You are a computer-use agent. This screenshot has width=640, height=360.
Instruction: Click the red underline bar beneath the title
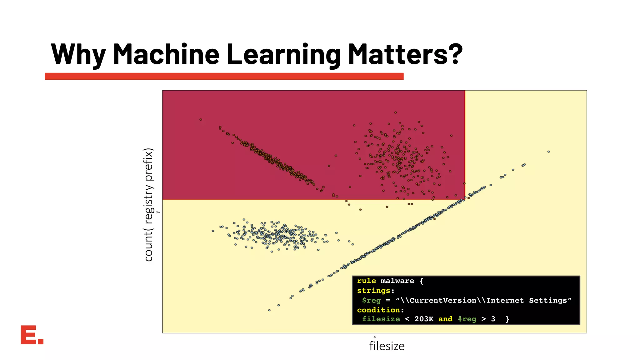pyautogui.click(x=224, y=76)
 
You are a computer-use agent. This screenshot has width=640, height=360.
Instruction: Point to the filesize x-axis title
pyautogui.click(x=387, y=346)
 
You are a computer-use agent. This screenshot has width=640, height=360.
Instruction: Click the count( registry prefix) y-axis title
pyautogui.click(x=149, y=205)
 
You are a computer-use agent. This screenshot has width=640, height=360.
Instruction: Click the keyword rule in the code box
pyautogui.click(x=366, y=281)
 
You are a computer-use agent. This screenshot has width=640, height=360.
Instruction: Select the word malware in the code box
pyautogui.click(x=397, y=281)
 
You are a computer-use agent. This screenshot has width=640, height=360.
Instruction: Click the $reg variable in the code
pyautogui.click(x=371, y=300)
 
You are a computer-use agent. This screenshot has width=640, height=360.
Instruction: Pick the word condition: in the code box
pyautogui.click(x=380, y=310)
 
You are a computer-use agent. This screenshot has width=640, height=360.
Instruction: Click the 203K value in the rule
pyautogui.click(x=424, y=319)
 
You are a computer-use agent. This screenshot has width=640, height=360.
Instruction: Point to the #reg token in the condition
pyautogui.click(x=467, y=319)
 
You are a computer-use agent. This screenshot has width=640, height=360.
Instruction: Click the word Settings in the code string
pyautogui.click(x=548, y=300)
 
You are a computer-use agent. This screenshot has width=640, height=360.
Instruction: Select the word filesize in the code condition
pyautogui.click(x=381, y=319)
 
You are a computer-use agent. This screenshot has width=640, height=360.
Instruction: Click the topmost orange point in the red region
pyautogui.click(x=395, y=112)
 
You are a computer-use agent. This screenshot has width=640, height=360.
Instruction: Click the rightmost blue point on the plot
pyautogui.click(x=549, y=152)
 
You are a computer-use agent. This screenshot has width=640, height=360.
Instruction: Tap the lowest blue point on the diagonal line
pyautogui.click(x=269, y=310)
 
